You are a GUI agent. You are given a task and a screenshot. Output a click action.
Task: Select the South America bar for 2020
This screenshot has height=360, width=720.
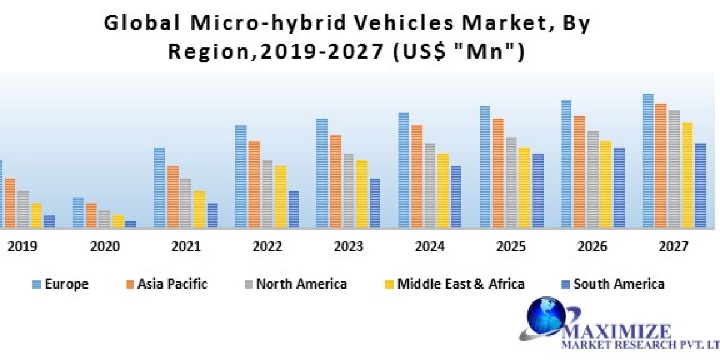(130, 224)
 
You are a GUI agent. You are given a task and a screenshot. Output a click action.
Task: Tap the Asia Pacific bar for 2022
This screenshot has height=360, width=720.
(254, 184)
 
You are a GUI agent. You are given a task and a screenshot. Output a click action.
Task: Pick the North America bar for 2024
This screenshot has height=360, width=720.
(430, 185)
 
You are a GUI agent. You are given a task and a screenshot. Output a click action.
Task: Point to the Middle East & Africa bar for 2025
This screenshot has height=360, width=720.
(524, 187)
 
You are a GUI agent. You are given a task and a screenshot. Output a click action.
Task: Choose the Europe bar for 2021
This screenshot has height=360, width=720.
(159, 187)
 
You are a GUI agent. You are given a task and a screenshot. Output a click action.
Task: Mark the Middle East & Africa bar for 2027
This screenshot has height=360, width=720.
(687, 175)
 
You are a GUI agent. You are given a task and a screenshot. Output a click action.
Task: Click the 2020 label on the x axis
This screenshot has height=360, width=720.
(104, 246)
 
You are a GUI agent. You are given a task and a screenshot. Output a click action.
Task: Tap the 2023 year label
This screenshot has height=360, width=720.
(349, 246)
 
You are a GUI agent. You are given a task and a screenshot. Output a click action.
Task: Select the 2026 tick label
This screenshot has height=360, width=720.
(592, 246)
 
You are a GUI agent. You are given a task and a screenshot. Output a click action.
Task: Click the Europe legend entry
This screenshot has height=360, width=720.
(61, 284)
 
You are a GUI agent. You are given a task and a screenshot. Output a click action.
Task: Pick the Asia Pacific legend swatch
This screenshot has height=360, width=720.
(129, 284)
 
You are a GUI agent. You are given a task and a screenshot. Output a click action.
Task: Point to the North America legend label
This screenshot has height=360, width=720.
(301, 284)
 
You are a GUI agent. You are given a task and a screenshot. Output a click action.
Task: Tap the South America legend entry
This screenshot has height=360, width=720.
(611, 284)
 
